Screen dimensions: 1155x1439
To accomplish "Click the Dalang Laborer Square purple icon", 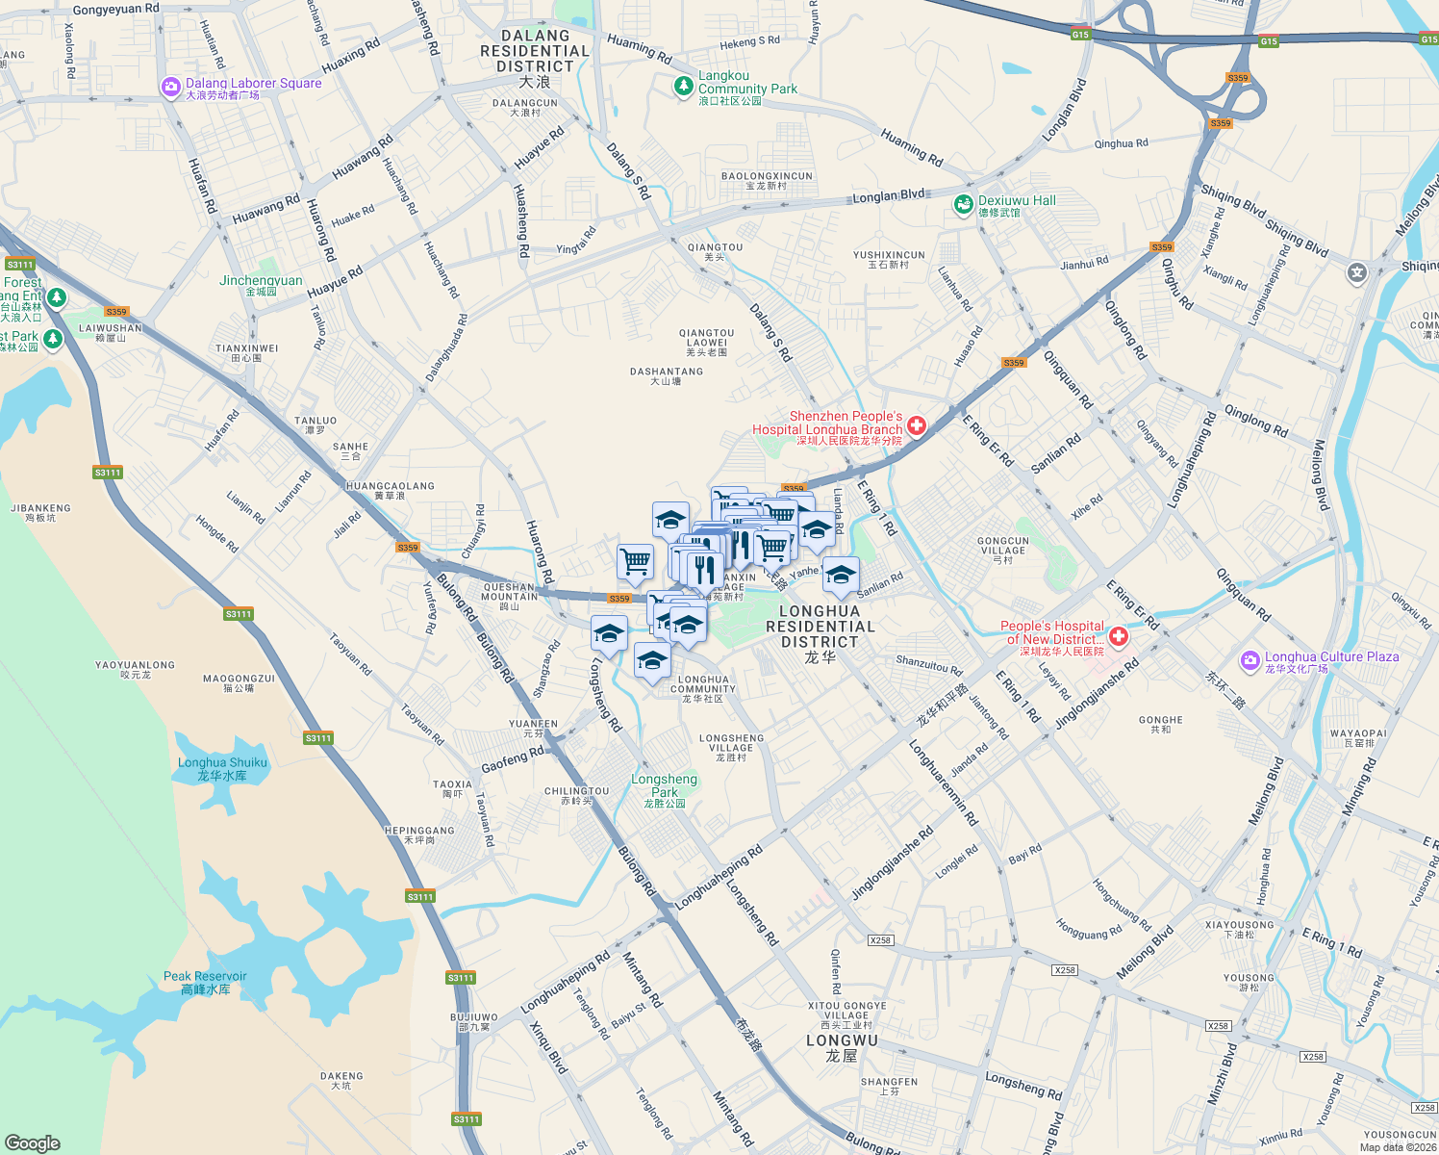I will coord(171,88).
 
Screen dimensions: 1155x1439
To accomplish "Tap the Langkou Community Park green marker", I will coord(683,87).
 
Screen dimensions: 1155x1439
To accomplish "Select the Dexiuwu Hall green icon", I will coord(963,204).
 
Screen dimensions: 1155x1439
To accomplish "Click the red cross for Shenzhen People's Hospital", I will coord(916,425).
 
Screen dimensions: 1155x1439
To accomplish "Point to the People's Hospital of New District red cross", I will coord(1118,636).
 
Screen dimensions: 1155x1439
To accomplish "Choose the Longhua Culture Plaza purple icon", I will coord(1250,660).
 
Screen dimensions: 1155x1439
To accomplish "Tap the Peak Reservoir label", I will coord(205,982).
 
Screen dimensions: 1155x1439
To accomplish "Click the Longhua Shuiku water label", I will coord(222,768).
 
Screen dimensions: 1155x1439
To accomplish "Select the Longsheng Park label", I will coord(664,785).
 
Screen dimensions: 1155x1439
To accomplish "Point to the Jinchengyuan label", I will coord(261,285).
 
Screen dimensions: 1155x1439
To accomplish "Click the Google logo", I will coord(33,1142).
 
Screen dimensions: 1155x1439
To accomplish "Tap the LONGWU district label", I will coord(842,1047).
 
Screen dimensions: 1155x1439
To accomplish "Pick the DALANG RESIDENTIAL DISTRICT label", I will coord(535,58).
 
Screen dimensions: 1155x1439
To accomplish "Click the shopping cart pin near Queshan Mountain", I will coord(635,560).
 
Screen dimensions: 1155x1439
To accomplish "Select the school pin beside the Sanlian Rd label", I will coord(841,575).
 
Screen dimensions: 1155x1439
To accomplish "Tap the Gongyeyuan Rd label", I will coord(115,10).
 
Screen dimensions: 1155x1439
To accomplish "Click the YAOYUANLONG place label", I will coord(135,669).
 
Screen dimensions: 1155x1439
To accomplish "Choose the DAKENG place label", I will coord(341,1080).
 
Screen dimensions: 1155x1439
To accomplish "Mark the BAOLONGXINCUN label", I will coord(767,181).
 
